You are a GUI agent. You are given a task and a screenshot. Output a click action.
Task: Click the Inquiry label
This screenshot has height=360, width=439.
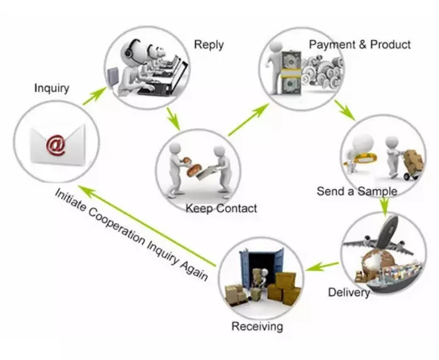click(51, 88)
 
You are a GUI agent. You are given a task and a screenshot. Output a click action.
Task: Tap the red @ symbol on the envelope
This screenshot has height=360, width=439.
click(55, 144)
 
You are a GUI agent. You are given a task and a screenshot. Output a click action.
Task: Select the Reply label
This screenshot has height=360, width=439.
click(208, 44)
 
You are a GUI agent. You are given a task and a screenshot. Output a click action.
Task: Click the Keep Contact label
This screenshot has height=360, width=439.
click(221, 208)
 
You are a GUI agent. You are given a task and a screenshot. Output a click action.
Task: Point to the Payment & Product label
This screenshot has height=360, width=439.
click(360, 45)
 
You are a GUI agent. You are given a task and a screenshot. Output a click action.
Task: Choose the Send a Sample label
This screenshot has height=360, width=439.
click(356, 191)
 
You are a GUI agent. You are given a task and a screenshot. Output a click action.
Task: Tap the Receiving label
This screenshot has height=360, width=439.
click(257, 327)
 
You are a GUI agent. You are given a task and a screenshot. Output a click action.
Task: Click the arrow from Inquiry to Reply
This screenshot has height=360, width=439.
click(94, 95)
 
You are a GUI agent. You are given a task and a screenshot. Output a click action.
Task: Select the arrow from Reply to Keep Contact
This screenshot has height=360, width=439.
click(172, 119)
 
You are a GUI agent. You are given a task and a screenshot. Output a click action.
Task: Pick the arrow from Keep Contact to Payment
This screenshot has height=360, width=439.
click(248, 120)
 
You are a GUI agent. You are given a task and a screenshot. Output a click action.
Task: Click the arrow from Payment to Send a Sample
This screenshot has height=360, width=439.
click(344, 108)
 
